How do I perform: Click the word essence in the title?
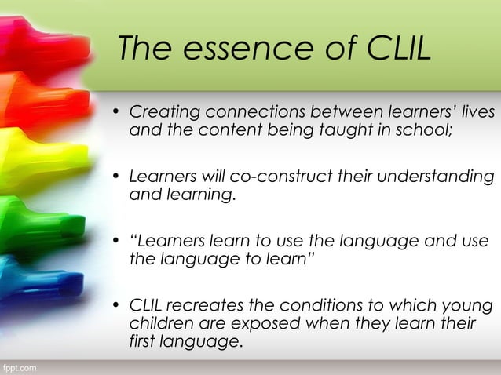[x=236, y=49]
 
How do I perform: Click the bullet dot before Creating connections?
[x=116, y=114]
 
